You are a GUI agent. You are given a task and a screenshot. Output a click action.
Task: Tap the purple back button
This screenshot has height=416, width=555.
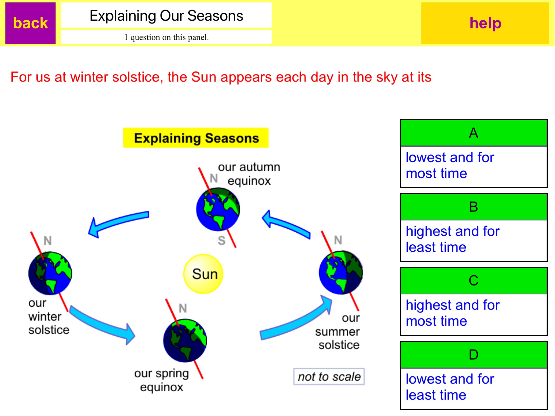[30, 23]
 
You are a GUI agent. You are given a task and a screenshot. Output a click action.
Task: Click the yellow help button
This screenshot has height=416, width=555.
[485, 23]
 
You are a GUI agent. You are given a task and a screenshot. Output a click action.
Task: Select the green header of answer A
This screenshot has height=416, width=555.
[474, 133]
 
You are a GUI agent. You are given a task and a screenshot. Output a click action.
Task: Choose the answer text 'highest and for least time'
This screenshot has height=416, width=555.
[453, 239]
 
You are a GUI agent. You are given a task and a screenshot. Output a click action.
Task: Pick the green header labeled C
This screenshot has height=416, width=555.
[474, 281]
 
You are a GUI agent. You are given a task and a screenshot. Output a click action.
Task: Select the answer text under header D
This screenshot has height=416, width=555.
[450, 387]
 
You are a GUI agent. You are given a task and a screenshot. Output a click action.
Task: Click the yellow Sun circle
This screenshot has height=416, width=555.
[203, 274]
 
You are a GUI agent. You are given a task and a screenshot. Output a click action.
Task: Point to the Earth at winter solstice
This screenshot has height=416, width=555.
[50, 273]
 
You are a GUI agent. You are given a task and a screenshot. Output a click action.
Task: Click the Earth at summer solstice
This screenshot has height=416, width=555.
[341, 272]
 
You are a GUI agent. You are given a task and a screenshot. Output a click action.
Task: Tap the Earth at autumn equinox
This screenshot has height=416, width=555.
[218, 209]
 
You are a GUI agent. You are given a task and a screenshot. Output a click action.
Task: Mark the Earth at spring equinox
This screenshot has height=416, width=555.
[185, 340]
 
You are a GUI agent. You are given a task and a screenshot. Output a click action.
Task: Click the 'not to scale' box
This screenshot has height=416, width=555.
[329, 376]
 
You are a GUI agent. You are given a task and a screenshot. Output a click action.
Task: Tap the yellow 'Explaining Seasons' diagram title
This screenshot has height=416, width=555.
[196, 138]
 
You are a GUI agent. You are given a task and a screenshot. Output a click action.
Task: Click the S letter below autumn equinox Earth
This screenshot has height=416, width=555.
[221, 240]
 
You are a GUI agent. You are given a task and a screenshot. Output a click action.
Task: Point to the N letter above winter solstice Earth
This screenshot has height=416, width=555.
[47, 240]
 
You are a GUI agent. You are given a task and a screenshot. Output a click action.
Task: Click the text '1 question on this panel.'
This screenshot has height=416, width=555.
[166, 37]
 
